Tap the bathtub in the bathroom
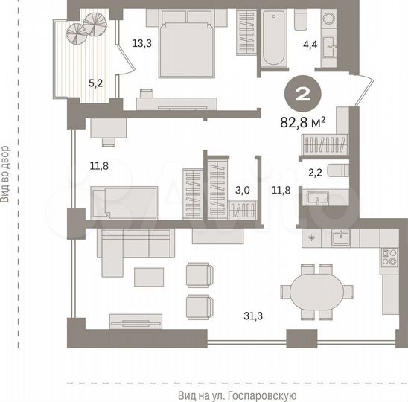270,37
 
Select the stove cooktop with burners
388,257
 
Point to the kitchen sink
341,237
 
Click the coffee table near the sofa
151,276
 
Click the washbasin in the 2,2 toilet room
322,199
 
